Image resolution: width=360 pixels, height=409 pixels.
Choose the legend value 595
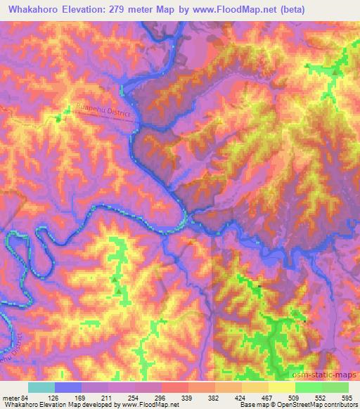[x=347, y=398]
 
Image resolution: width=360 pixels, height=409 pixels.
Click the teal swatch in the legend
[x=41, y=387]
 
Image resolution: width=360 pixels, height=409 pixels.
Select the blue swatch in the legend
[x=68, y=387]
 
